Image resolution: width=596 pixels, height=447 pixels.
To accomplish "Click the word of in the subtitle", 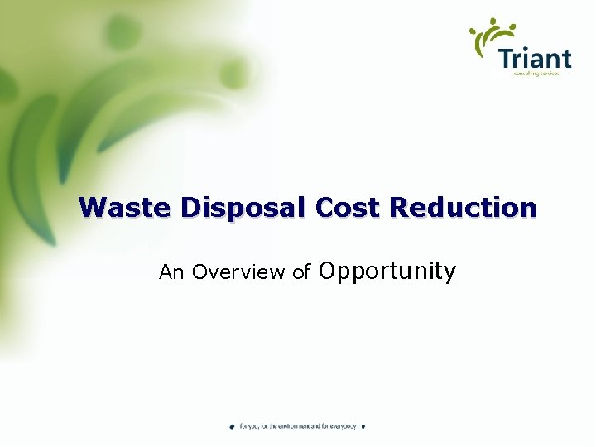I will (x=301, y=272).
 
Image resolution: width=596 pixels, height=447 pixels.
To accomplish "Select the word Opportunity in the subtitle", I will (x=387, y=272).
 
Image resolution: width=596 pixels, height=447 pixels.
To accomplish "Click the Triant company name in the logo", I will (x=535, y=59).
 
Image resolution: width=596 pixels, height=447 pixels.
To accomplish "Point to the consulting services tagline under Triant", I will (x=536, y=74).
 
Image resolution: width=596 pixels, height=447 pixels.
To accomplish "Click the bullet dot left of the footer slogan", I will (x=233, y=426).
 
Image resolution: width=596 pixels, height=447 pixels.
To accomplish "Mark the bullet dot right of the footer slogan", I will (x=363, y=426).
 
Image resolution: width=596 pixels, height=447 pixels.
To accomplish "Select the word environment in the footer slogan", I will (x=290, y=426).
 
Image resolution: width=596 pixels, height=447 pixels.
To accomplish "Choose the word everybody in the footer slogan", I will (x=341, y=426).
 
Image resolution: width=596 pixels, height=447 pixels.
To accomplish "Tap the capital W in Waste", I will (x=91, y=207).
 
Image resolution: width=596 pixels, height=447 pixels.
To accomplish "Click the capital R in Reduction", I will (x=401, y=207).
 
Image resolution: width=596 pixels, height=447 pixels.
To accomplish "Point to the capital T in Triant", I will (x=507, y=59).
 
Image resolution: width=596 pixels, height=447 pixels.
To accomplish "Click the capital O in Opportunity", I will (x=328, y=271).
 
